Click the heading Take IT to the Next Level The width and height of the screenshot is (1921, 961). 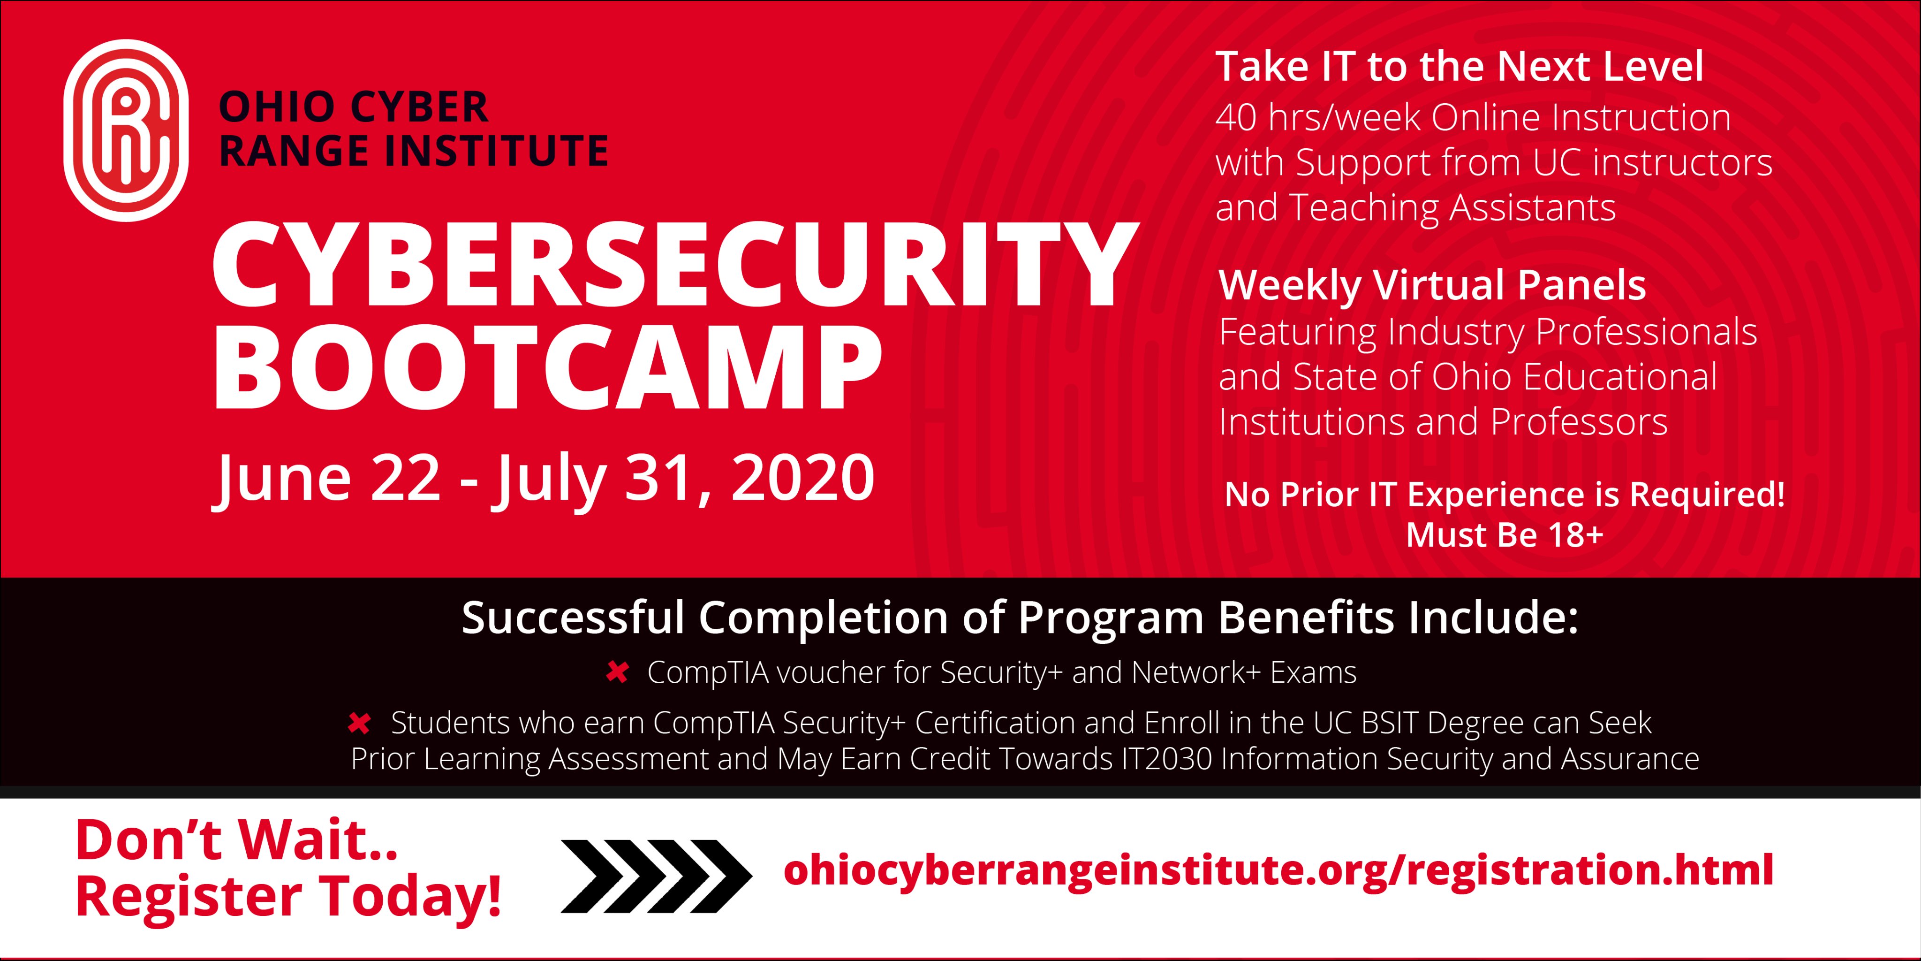1460,67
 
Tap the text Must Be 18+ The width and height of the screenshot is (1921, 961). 1504,535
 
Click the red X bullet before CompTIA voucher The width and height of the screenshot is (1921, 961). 617,673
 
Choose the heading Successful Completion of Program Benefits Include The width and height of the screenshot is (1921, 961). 1020,618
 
